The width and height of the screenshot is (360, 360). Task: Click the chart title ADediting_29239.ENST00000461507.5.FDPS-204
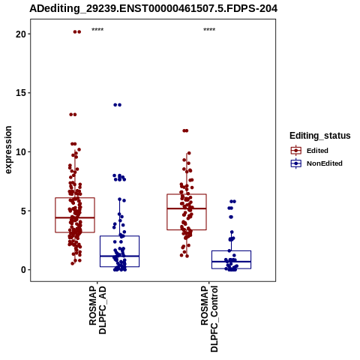click(x=154, y=8)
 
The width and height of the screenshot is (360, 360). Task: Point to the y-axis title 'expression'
click(x=8, y=150)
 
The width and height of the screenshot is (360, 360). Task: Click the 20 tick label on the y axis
click(x=21, y=34)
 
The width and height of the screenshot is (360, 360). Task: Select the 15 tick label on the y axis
click(x=21, y=93)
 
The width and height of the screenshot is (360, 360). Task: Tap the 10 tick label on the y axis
click(x=21, y=152)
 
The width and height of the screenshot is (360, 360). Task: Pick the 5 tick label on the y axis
click(x=24, y=211)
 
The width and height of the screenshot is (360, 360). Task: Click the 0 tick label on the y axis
click(x=24, y=270)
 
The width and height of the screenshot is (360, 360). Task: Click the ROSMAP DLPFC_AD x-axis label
click(x=97, y=310)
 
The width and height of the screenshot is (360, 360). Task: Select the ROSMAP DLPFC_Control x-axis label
click(x=209, y=319)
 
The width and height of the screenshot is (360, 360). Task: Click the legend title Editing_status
click(x=320, y=136)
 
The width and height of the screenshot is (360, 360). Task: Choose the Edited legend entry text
click(x=317, y=151)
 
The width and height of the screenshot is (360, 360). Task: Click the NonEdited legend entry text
click(x=325, y=163)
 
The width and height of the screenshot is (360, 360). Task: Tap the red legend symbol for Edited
click(x=296, y=151)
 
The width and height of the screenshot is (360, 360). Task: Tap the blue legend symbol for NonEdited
click(x=296, y=163)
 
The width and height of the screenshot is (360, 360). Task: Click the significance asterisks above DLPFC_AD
click(x=97, y=30)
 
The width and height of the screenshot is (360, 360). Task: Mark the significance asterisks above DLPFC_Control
click(x=209, y=30)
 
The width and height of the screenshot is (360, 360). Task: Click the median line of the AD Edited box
click(x=75, y=217)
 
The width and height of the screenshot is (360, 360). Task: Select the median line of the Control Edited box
click(x=187, y=208)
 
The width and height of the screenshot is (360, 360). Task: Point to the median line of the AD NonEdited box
click(x=119, y=256)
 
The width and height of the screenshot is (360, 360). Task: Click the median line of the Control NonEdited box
click(x=231, y=262)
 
